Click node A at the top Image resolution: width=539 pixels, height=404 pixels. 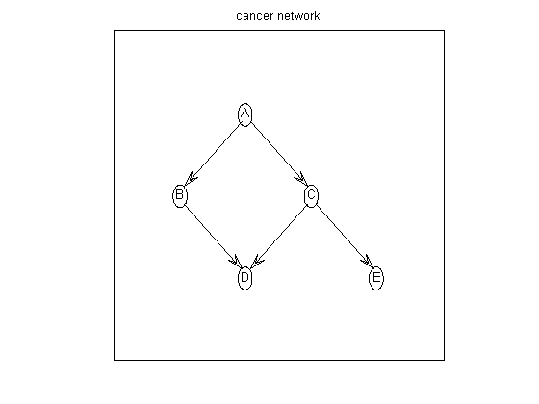pos(244,114)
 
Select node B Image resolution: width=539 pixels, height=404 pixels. pos(179,196)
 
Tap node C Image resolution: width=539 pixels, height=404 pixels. pos(311,196)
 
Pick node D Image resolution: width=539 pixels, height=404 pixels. pos(244,278)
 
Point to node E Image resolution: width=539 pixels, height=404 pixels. pos(376,278)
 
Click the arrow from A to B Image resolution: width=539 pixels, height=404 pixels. pos(212,155)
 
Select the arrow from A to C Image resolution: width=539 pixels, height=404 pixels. pos(278,155)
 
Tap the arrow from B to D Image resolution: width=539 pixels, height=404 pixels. pos(212,237)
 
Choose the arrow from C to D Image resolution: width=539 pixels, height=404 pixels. pos(278,237)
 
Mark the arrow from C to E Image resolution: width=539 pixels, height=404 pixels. pos(344,237)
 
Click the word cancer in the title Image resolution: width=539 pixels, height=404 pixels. pos(255,16)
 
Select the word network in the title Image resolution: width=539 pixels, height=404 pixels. pos(298,15)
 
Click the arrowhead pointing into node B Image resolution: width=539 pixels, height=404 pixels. pos(191,179)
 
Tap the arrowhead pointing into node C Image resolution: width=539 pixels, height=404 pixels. pos(299,179)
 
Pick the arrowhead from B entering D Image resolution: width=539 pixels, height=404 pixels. pos(234,261)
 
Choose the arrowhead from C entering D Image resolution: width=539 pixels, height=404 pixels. pos(257,261)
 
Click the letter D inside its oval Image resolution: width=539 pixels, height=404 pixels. pos(244,277)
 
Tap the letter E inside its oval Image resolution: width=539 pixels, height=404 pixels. pos(376,277)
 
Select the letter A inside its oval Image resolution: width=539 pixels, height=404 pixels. pos(244,113)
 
